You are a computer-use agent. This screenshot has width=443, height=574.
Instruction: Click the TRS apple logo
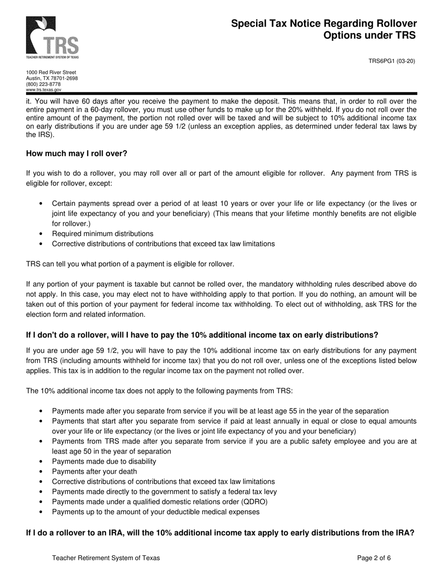point(52,36)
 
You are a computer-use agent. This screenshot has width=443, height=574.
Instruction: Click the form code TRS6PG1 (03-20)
point(392,61)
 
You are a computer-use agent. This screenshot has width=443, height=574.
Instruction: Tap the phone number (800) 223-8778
point(43,84)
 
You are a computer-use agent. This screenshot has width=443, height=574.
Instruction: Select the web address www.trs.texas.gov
point(43,90)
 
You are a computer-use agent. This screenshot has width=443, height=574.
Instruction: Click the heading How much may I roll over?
point(76,154)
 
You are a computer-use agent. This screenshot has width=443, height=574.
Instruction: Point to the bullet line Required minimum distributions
point(103,233)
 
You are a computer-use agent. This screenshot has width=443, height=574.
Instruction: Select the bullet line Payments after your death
point(94,471)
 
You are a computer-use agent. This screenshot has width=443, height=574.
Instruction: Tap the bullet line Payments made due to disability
point(104,461)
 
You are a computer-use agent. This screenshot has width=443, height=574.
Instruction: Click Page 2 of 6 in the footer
point(374,558)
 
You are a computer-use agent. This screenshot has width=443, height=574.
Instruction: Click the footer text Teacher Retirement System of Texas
point(106,558)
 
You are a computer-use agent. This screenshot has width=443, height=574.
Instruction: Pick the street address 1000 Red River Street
point(51,72)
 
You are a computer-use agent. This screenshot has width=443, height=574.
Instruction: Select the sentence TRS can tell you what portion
point(130,264)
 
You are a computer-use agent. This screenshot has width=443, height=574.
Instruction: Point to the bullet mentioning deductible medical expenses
point(156,511)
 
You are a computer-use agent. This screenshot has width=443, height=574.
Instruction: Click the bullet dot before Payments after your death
point(41,471)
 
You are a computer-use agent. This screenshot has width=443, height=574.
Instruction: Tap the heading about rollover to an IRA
point(220,532)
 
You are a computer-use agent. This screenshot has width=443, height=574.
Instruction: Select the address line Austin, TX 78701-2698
point(52,78)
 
